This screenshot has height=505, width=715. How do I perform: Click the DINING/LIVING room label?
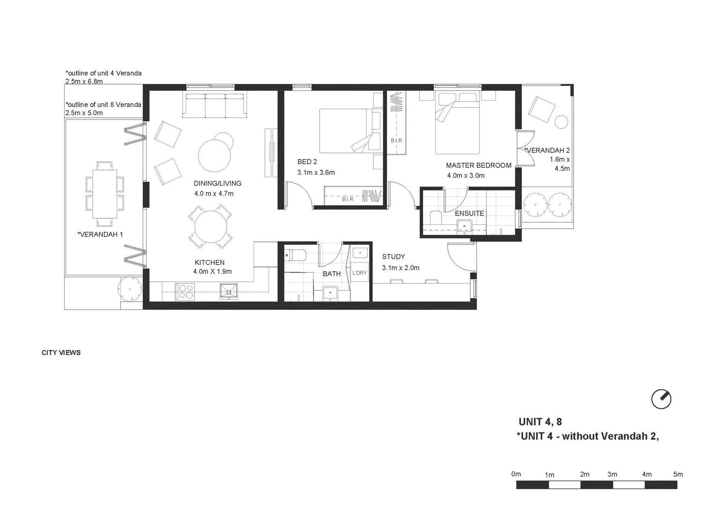tap(218, 183)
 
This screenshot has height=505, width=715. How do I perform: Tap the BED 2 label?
tap(307, 162)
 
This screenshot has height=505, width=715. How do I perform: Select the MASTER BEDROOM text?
tap(478, 165)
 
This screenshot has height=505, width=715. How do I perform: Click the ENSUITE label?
tap(469, 213)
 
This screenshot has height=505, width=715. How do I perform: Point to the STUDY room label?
tap(393, 257)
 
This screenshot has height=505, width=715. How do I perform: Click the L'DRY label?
tap(359, 273)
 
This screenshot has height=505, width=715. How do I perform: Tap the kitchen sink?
tap(228, 292)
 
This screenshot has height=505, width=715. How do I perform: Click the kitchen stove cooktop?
tap(184, 292)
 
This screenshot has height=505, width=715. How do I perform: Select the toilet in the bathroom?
tap(296, 255)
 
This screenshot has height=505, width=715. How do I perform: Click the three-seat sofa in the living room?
tap(215, 105)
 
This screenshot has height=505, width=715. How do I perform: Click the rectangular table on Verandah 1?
tap(105, 194)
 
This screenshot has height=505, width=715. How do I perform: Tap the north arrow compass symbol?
tap(661, 399)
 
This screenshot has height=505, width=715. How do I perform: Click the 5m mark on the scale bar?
tap(678, 474)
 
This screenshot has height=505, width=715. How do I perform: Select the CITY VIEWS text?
tap(61, 353)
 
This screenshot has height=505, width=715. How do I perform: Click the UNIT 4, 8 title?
tap(540, 422)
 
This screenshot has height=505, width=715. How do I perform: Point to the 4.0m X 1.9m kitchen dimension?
tap(212, 271)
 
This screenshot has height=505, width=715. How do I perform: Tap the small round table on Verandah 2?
tap(561, 122)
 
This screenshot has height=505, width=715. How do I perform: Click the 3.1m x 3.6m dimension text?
tap(316, 173)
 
